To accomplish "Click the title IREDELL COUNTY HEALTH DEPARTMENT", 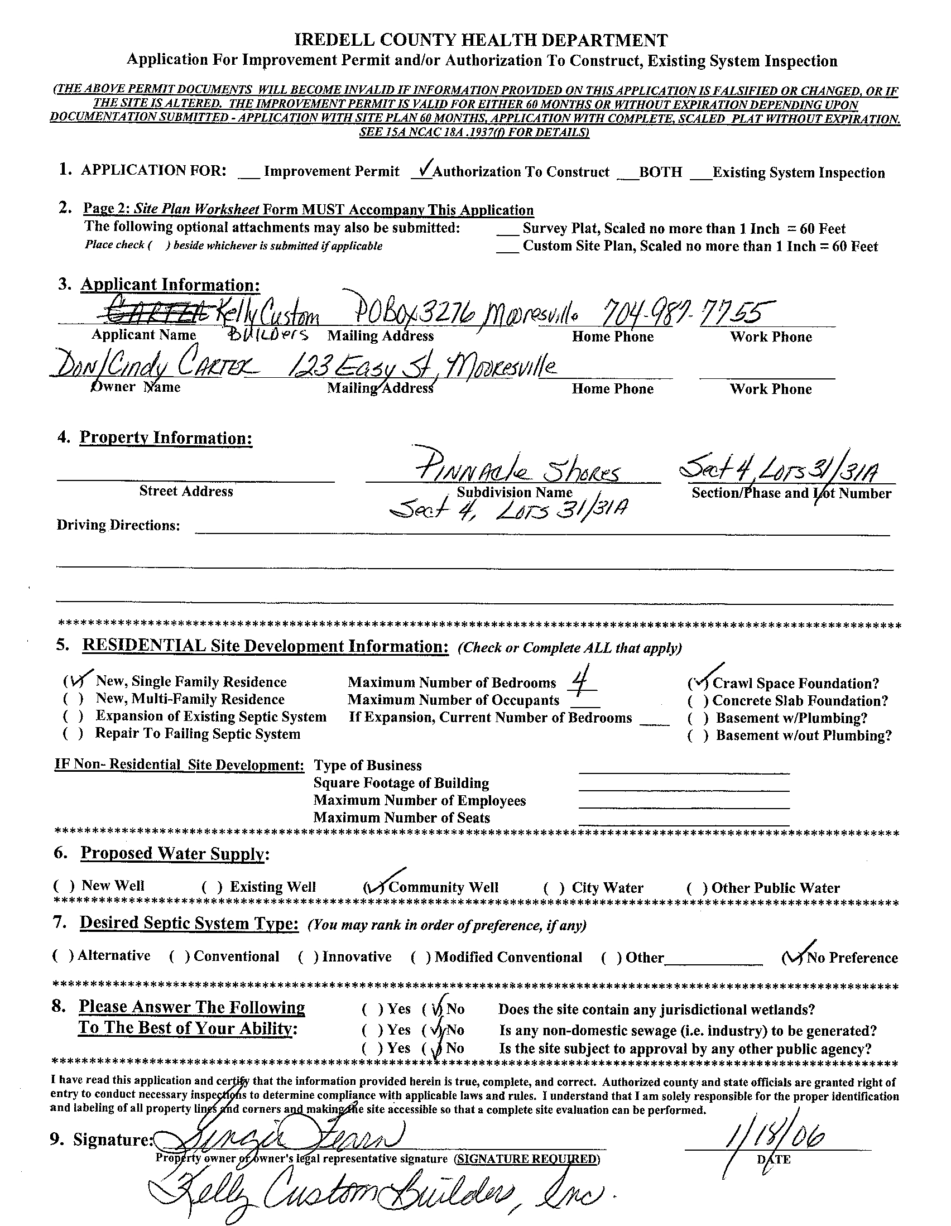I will [481, 40].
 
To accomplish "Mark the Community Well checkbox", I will [374, 887].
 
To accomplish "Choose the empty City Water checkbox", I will [553, 888].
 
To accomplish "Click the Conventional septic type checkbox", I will [180, 956].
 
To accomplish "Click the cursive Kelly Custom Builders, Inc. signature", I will [376, 1196].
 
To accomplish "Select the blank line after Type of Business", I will [683, 771].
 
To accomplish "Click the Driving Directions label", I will [118, 525].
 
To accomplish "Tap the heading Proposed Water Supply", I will [174, 854].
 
